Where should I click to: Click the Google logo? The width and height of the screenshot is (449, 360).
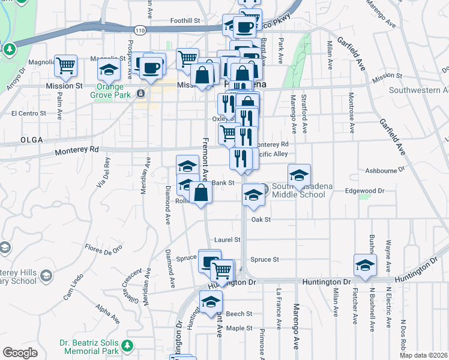(20, 353)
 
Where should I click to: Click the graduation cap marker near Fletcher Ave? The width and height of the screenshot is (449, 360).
(365, 265)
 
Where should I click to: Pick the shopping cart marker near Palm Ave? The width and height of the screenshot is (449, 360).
(65, 66)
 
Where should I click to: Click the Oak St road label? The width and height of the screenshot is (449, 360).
(261, 220)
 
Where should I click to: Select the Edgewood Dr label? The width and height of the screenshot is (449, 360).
(364, 191)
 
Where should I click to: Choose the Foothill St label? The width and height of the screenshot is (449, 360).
(185, 20)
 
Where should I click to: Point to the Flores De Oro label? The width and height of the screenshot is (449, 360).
(103, 247)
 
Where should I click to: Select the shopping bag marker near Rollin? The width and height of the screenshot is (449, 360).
(201, 193)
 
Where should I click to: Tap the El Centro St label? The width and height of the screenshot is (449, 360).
(29, 113)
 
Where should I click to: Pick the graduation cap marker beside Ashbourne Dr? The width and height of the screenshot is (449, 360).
(299, 175)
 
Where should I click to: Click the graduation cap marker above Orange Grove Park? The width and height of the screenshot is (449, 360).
(109, 71)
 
